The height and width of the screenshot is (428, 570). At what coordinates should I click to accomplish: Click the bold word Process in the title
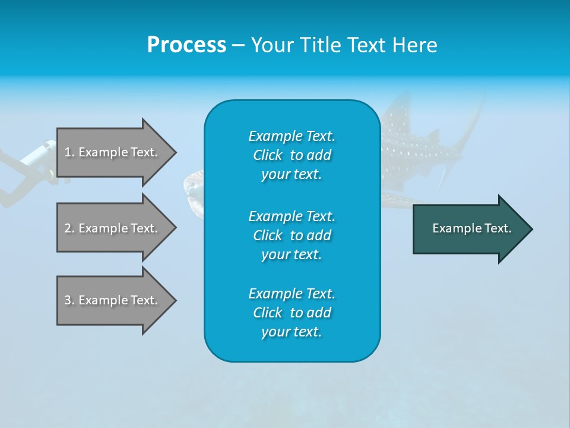[186, 45]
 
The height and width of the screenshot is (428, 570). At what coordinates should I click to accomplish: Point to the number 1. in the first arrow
[69, 152]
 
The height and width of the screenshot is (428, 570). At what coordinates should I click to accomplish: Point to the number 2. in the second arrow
[69, 228]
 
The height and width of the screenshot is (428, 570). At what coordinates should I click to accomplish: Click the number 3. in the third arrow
[69, 300]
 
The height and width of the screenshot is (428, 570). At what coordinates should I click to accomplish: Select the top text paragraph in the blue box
[292, 155]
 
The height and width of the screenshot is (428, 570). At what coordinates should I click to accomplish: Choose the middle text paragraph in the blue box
[292, 235]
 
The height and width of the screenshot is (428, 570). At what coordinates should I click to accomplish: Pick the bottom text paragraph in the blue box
[292, 313]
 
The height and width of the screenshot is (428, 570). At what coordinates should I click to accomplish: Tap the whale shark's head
[194, 187]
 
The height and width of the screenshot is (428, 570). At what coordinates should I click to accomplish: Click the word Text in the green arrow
[498, 228]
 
